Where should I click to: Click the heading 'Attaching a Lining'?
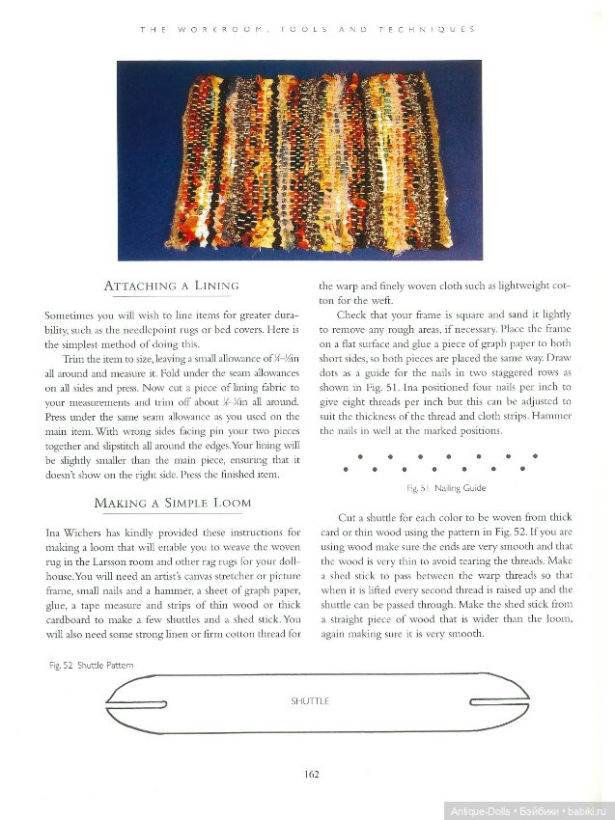171,287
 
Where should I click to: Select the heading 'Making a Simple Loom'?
172,503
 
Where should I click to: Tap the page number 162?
311,773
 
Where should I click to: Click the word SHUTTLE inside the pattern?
310,701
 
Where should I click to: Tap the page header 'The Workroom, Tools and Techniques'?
307,30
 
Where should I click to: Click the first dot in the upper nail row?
359,455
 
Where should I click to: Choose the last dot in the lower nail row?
522,469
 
